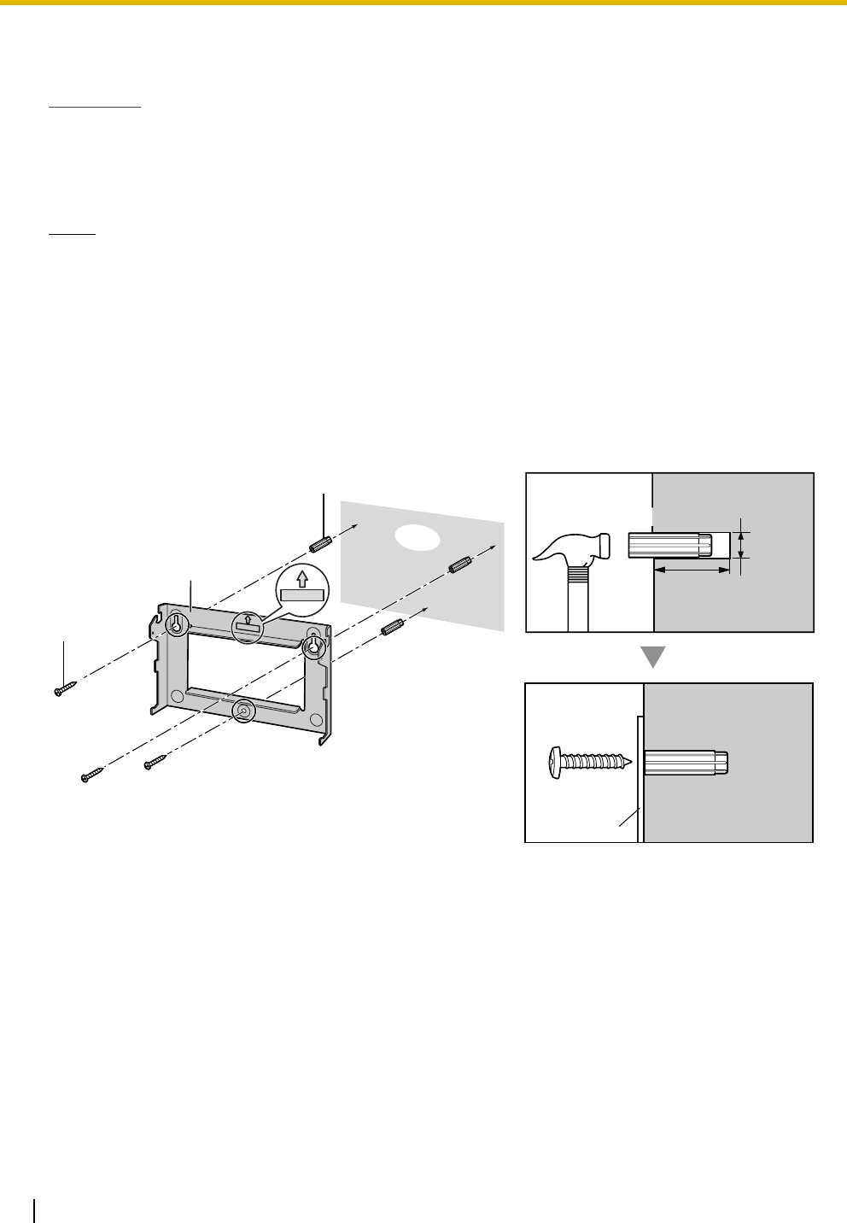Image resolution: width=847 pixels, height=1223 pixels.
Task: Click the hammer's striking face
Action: (x=603, y=544)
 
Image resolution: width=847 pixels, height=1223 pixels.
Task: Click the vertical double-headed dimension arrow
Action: (x=741, y=544)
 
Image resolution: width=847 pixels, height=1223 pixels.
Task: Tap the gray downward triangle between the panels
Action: (x=652, y=657)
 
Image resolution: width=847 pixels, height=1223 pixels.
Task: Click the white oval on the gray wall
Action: (x=418, y=535)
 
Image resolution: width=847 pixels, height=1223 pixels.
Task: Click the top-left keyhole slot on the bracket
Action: (x=176, y=624)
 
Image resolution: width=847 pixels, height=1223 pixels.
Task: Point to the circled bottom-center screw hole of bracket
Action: (x=244, y=709)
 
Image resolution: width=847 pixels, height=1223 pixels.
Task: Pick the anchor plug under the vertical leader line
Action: (x=323, y=543)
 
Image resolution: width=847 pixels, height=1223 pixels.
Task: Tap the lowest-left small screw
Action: (x=90, y=775)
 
